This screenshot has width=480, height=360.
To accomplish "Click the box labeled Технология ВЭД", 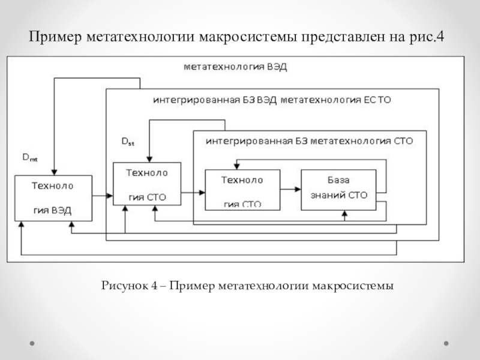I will [53, 197].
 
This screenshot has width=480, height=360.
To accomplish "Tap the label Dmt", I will [29, 158].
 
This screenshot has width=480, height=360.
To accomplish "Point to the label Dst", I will [128, 142].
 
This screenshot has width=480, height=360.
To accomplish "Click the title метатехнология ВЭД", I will [235, 67].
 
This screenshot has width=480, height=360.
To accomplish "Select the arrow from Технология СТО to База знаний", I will [290, 190].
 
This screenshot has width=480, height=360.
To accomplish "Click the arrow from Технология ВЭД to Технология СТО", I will [103, 194].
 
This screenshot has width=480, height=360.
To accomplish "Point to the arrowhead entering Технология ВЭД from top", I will [54, 172].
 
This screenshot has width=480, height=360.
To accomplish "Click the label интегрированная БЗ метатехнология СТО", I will [309, 142].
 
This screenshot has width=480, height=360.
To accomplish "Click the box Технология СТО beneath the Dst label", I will [147, 184].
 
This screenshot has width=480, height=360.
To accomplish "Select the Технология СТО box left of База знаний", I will [242, 190].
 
